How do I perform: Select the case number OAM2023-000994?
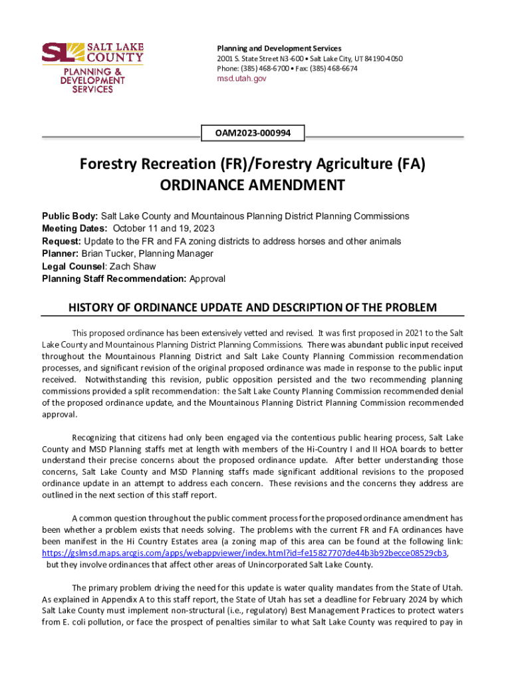[253, 133]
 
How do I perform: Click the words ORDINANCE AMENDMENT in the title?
[253, 185]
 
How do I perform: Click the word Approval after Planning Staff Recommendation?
[207, 279]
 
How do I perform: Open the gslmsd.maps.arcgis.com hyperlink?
[244, 553]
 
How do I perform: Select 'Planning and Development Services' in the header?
[279, 49]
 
